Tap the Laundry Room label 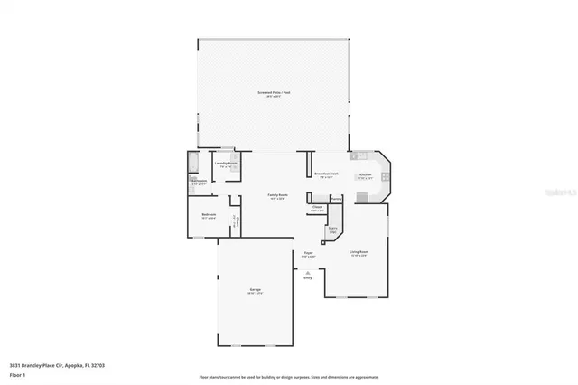pos(226,164)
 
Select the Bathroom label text pos(200,181)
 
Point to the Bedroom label pos(208,215)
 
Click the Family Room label pos(276,195)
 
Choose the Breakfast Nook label pos(327,174)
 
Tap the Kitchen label pos(365,174)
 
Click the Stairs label pos(332,229)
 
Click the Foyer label pos(308,253)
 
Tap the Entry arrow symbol pos(308,273)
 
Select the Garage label pos(256,289)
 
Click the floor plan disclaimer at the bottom pos(289,376)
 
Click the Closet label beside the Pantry pos(317,207)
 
